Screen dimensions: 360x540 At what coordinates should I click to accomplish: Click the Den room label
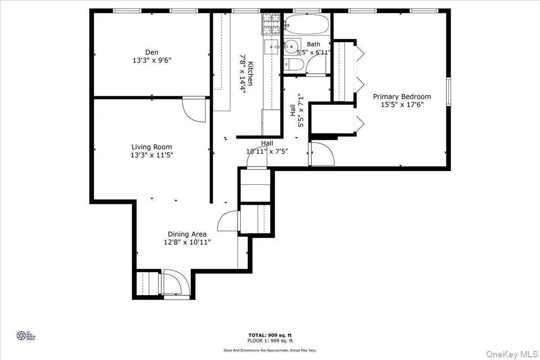tap(152, 52)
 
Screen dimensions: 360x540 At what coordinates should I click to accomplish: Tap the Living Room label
tap(152, 147)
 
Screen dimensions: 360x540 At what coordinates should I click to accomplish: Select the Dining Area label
tap(187, 234)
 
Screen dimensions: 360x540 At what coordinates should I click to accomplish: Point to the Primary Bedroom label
tap(402, 96)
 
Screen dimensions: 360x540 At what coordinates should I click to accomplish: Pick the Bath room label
tap(313, 44)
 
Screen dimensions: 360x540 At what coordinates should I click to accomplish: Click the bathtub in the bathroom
tap(307, 24)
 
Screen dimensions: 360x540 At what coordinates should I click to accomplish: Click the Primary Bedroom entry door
tap(323, 154)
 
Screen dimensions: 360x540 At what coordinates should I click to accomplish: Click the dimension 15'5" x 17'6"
tap(402, 105)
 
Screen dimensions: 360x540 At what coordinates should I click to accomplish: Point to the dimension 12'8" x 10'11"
tap(187, 242)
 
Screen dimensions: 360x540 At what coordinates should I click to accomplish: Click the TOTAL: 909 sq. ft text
tap(270, 335)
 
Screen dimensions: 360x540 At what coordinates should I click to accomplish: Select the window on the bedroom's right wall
tap(448, 92)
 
